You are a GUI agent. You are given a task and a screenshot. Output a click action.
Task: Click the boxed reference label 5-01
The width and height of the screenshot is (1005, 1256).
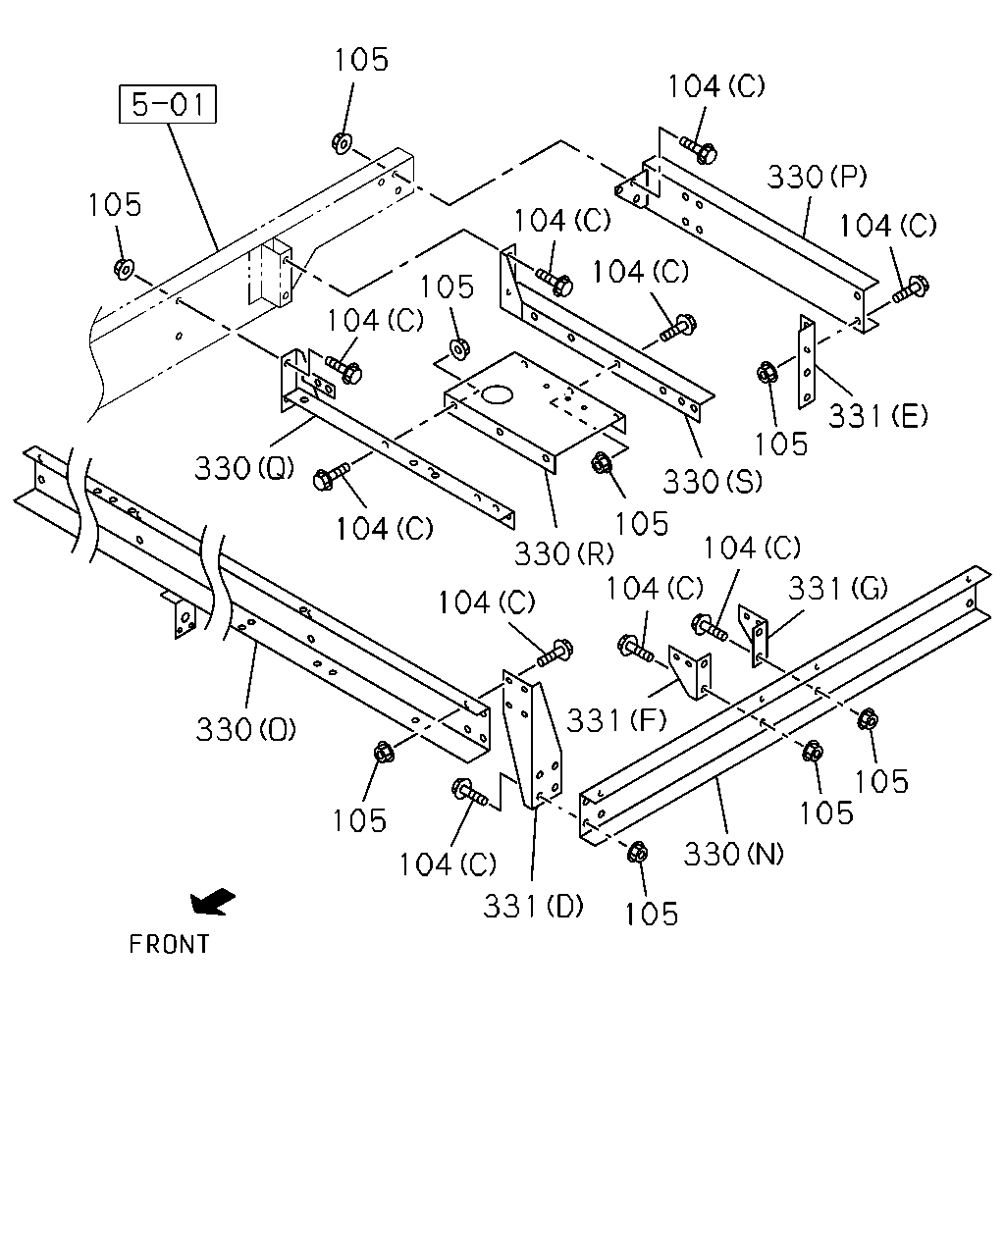(168, 104)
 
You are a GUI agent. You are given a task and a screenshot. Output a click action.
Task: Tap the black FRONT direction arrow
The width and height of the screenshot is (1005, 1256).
(212, 902)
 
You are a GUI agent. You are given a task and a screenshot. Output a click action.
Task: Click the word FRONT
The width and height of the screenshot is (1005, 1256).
(169, 944)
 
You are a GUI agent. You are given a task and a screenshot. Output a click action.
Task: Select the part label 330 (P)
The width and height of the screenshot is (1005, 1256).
(817, 177)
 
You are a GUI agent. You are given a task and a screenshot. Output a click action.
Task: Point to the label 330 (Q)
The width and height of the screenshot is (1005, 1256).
(244, 468)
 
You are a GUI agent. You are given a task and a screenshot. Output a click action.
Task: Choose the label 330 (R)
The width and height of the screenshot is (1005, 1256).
(563, 552)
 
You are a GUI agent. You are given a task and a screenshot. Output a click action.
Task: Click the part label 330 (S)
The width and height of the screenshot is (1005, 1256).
(713, 482)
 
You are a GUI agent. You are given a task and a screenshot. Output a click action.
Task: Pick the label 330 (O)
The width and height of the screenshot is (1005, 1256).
(245, 729)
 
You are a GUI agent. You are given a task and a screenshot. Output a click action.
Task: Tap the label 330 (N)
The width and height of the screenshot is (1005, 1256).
(733, 854)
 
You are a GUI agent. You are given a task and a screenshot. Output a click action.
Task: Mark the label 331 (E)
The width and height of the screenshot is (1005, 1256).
(877, 416)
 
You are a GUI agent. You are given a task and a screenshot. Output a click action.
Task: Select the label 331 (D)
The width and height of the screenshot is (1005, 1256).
(533, 907)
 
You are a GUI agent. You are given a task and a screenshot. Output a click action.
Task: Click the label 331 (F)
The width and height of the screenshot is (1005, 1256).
(616, 719)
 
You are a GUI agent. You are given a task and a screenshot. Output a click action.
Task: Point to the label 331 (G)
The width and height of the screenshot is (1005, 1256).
(838, 588)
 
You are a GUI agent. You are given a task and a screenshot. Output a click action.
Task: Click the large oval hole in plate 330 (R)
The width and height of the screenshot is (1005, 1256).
(497, 394)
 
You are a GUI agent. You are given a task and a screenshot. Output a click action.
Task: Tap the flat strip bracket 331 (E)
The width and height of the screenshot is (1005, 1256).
(807, 362)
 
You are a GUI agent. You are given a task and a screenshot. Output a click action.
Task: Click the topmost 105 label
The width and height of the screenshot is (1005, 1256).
(361, 60)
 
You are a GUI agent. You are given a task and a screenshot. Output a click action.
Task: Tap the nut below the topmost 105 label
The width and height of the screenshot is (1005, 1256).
(342, 142)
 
